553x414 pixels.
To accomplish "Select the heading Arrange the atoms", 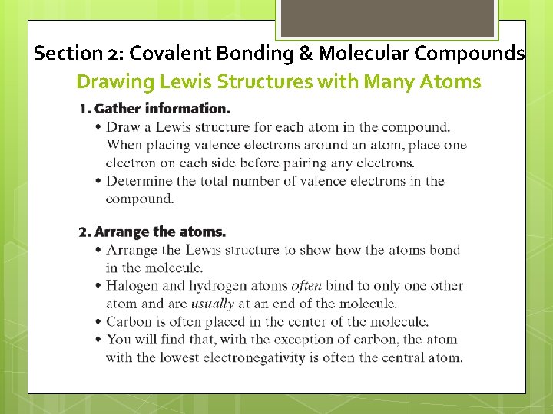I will pos(161,232).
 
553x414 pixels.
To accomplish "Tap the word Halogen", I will pos(134,286).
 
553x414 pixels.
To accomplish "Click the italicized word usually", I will pos(213,304).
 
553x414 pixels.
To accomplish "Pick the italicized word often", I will pos(306,286).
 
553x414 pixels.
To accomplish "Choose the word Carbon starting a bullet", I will pos(130,321).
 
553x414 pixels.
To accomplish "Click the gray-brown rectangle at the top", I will pos(386,18).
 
